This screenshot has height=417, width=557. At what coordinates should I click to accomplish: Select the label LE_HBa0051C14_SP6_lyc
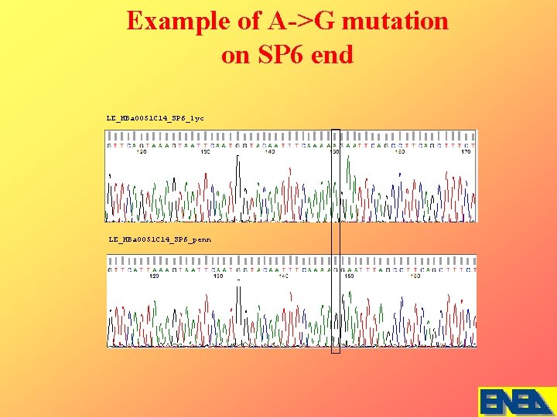(155, 118)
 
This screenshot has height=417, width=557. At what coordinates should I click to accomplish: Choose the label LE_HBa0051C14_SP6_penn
(159, 239)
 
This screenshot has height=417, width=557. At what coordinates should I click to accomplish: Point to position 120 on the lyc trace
(142, 152)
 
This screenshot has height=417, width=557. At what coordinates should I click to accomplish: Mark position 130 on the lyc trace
(206, 152)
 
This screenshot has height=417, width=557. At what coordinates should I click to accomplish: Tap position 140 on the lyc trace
(269, 152)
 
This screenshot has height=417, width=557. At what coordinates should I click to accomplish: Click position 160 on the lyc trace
(399, 152)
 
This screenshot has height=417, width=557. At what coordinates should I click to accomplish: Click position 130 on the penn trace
(218, 276)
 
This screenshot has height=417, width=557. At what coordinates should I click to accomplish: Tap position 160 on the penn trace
(415, 276)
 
